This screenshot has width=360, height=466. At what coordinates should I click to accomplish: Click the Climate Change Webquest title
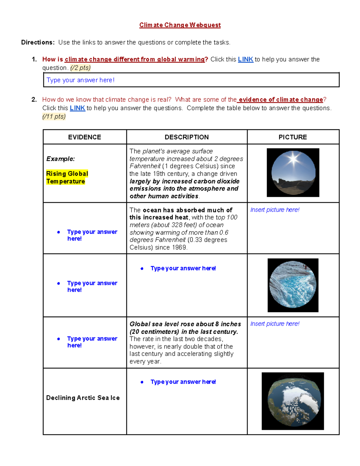click(x=180, y=25)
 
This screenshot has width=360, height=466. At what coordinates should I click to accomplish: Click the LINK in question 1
click(x=245, y=59)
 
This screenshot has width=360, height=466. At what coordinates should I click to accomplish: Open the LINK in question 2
click(x=77, y=108)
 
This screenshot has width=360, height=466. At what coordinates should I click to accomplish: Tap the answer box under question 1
click(x=191, y=80)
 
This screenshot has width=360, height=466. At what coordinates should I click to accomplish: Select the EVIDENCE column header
click(x=85, y=137)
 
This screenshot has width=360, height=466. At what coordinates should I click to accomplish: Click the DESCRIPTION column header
click(x=187, y=137)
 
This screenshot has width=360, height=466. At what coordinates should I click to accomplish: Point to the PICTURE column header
click(x=292, y=137)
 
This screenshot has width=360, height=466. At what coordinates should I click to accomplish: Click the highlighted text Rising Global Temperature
click(x=67, y=177)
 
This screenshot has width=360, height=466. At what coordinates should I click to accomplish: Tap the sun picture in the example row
click(x=293, y=173)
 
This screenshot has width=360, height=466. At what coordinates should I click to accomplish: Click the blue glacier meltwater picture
click(x=293, y=285)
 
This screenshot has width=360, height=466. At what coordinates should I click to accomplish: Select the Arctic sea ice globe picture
click(x=292, y=401)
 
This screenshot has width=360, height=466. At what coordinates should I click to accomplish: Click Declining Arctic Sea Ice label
click(x=83, y=398)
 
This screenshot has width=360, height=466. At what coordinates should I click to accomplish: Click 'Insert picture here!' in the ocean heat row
click(x=275, y=210)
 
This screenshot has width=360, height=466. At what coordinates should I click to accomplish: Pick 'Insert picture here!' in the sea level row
click(x=275, y=324)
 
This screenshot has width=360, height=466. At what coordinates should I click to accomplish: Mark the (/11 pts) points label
click(x=54, y=116)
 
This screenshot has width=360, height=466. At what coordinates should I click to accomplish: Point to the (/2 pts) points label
click(x=80, y=68)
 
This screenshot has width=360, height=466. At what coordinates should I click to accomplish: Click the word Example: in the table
click(x=61, y=159)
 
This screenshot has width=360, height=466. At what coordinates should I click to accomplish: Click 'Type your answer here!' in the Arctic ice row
click(x=183, y=382)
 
